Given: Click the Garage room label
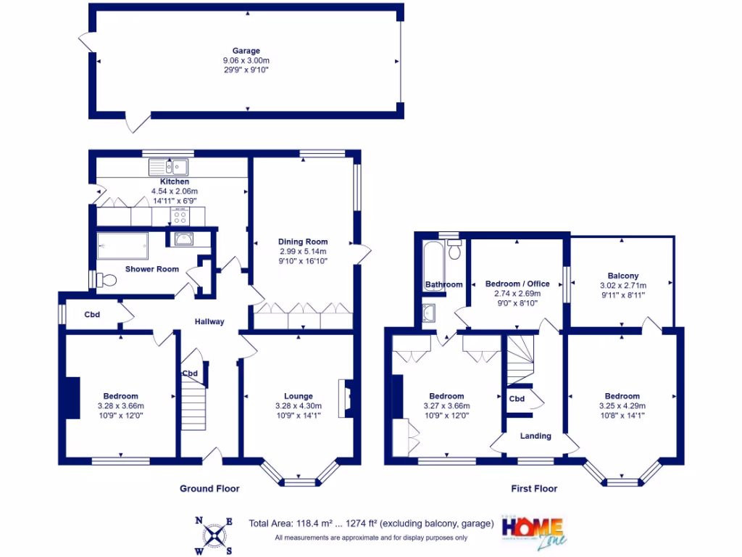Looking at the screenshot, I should (246, 51).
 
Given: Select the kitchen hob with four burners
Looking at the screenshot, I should (179, 215).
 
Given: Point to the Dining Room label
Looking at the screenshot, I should (303, 242).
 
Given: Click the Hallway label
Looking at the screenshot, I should (209, 322).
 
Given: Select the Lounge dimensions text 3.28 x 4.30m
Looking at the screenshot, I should (298, 406).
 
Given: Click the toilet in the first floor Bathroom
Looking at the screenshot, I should (454, 250).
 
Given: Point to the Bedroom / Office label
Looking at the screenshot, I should (517, 284).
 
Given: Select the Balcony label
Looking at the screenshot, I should (622, 276).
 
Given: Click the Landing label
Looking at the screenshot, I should (535, 436).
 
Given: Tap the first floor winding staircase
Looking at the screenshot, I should (519, 359).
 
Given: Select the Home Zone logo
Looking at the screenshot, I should (533, 531).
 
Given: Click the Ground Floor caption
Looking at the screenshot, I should (209, 489).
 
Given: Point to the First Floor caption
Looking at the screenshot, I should (535, 489).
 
